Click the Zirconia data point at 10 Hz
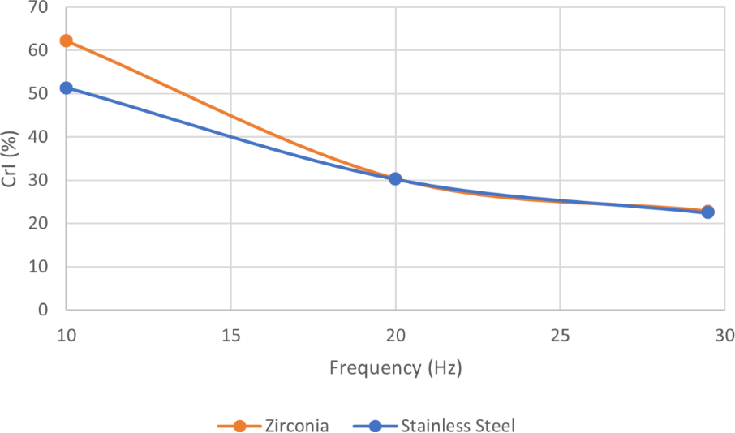click(x=67, y=41)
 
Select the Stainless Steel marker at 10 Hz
click(x=67, y=88)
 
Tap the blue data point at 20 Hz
click(x=395, y=178)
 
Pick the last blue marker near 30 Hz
click(x=707, y=212)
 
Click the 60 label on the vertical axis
click(x=37, y=50)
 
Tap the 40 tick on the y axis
click(x=37, y=137)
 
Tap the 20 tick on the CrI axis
click(x=37, y=224)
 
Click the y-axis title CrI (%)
click(x=11, y=158)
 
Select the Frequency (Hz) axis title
click(x=395, y=368)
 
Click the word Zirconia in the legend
click(x=297, y=425)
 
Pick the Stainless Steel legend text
click(x=458, y=425)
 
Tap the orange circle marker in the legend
click(x=239, y=425)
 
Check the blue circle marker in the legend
click(x=375, y=425)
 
